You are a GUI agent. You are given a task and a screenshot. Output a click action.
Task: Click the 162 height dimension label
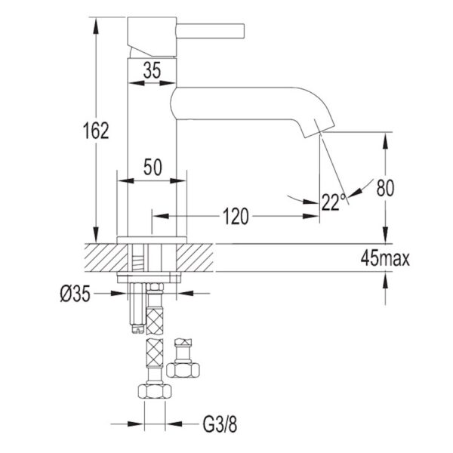(x=96, y=131)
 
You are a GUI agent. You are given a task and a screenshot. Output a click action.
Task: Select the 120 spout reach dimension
(x=236, y=216)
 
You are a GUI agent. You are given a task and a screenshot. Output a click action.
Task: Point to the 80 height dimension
(x=385, y=188)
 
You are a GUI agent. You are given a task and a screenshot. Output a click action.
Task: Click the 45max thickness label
(x=385, y=258)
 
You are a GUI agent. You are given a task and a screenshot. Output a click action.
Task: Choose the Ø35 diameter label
(x=75, y=294)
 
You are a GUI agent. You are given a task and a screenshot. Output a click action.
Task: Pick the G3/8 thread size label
(x=220, y=424)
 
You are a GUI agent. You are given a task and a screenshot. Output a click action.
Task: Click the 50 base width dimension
(x=153, y=167)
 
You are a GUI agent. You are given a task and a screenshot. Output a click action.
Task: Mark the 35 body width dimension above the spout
(x=152, y=70)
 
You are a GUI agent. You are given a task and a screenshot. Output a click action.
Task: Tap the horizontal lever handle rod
(x=211, y=31)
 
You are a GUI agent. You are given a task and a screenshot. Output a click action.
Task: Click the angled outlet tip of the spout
(x=319, y=129)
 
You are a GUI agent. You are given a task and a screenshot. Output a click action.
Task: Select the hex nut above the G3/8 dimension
(x=155, y=391)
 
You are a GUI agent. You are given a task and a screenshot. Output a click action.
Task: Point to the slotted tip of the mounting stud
(x=137, y=328)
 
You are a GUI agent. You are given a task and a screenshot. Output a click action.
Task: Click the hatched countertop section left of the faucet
(x=106, y=257)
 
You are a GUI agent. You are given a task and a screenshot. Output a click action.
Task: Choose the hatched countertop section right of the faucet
(x=195, y=257)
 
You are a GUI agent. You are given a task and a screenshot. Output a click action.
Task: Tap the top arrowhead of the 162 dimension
(x=96, y=26)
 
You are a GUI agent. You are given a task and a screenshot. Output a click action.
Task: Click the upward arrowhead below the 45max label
(x=385, y=281)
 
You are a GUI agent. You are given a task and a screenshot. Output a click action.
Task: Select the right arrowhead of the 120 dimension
(x=310, y=216)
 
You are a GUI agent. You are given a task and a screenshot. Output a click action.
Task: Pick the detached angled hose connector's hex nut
(x=183, y=370)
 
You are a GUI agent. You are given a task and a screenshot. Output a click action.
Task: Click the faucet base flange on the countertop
(x=152, y=240)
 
